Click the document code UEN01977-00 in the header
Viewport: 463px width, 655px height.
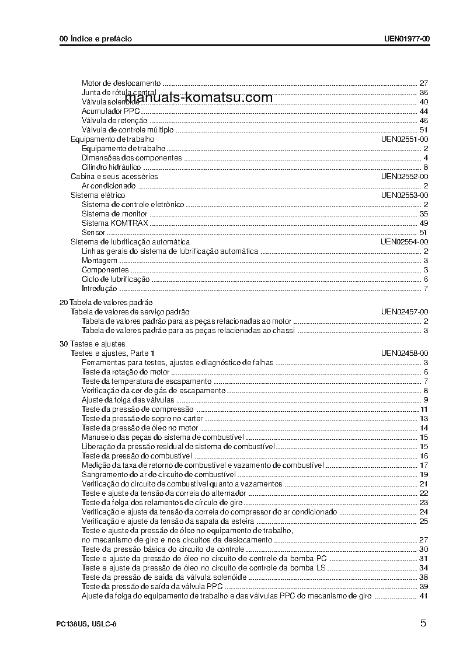(407, 39)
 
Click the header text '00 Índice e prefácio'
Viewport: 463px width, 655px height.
(96, 39)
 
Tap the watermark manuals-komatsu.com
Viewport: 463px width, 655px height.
(199, 98)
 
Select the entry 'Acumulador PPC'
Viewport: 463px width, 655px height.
(111, 111)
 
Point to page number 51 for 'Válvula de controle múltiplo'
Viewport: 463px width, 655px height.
(424, 130)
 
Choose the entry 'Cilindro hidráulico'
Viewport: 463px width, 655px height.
(112, 167)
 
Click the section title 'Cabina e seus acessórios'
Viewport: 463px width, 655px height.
(114, 177)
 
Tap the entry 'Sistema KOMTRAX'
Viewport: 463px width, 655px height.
(115, 223)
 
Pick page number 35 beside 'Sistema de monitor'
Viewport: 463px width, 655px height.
(424, 214)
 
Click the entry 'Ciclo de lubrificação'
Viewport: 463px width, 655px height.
(116, 279)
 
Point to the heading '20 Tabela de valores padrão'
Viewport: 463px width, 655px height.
(106, 303)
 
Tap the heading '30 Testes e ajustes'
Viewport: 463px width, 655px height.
(92, 344)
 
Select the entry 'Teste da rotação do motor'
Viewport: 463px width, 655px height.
(125, 372)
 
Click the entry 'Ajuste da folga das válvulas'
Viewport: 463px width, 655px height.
(128, 400)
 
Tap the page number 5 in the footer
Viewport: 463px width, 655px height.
(423, 623)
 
